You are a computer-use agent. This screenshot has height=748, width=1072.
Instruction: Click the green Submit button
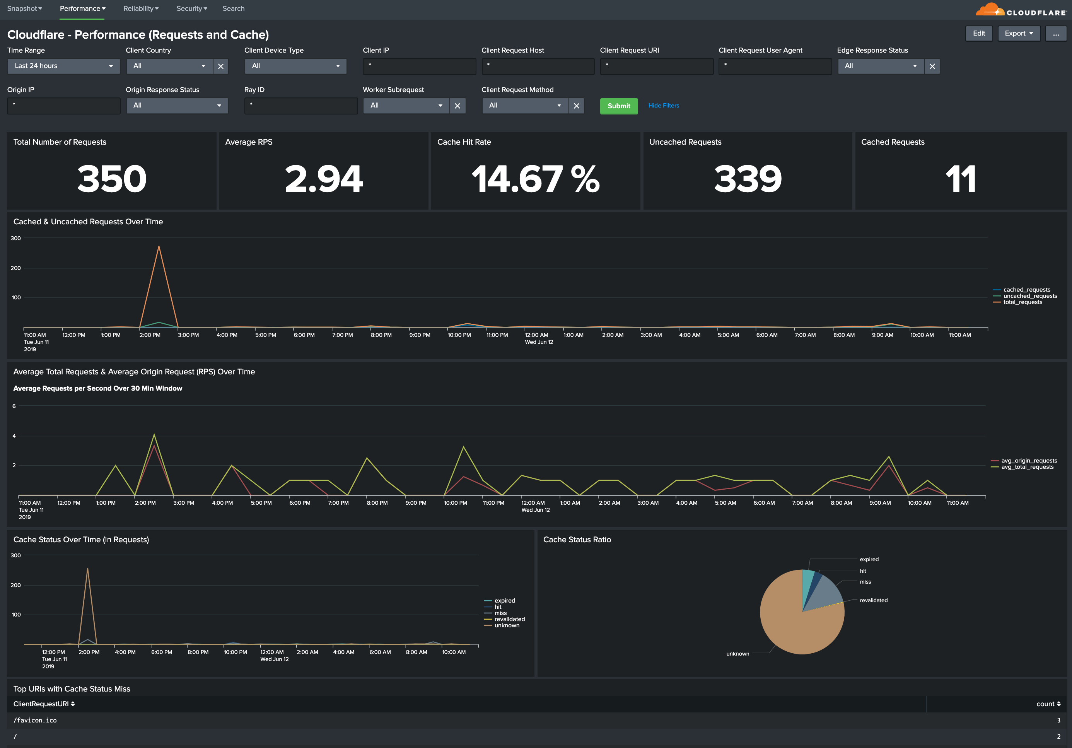[619, 106]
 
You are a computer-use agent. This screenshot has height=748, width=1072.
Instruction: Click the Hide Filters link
[664, 106]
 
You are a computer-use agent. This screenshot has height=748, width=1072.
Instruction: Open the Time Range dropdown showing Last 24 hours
[63, 66]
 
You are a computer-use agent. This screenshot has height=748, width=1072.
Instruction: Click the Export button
[1019, 33]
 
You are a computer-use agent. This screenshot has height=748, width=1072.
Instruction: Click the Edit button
[979, 33]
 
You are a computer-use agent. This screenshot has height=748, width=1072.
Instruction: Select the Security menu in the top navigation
[191, 9]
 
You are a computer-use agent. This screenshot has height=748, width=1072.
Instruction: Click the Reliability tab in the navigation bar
[140, 9]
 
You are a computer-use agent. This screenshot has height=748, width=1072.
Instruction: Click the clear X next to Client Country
[221, 66]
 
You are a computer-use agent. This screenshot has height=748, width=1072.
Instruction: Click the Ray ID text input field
[301, 106]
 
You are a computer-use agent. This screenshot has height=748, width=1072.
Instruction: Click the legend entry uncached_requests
[1029, 296]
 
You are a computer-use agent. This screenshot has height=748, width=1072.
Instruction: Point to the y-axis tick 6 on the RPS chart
[14, 406]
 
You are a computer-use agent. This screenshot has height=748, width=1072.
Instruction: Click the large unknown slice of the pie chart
[794, 626]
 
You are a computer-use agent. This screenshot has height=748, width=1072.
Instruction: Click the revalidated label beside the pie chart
[873, 601]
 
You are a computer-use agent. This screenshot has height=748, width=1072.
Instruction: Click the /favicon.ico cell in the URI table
[35, 721]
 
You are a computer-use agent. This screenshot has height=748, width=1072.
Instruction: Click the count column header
[1048, 704]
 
